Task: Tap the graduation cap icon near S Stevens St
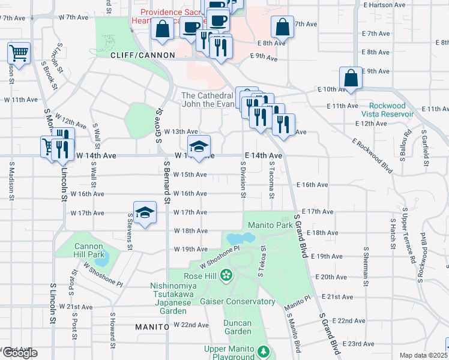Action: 145,212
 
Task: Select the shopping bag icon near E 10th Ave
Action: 351,78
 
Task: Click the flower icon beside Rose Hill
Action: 226,276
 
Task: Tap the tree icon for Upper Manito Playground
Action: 262,350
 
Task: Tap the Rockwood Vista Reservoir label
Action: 387,109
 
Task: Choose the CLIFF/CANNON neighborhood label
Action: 142,55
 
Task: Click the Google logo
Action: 19,353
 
